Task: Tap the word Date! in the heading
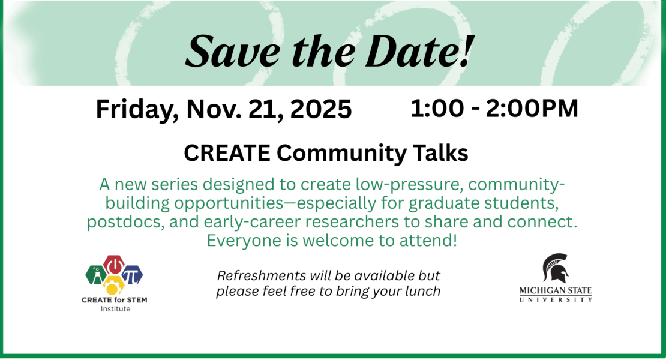coord(417,50)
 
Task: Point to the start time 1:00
coord(436,109)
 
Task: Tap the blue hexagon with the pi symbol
coord(132,275)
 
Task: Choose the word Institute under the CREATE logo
coord(115,309)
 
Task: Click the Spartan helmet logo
coord(555,268)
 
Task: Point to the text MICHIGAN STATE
coord(556,291)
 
